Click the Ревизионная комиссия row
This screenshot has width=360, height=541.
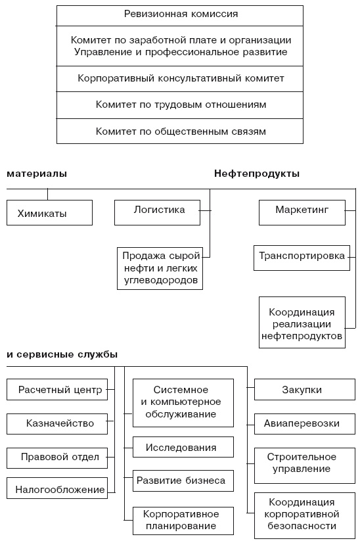pyautogui.click(x=180, y=14)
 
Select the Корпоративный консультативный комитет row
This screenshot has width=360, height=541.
pyautogui.click(x=180, y=78)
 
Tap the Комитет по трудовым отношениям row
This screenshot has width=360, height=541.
pyautogui.click(x=180, y=105)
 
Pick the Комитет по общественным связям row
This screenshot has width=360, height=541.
pyautogui.click(x=180, y=131)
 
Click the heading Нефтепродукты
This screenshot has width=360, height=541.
pyautogui.click(x=257, y=174)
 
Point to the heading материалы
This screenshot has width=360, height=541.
pyautogui.click(x=37, y=174)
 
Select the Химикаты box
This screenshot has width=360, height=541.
pyautogui.click(x=50, y=213)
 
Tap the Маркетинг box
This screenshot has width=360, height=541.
pyautogui.click(x=302, y=211)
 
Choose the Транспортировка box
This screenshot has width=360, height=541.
pyautogui.click(x=302, y=257)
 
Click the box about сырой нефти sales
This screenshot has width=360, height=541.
pyautogui.click(x=161, y=269)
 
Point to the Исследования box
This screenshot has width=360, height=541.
pyautogui.click(x=183, y=448)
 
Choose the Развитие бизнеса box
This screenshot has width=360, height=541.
pyautogui.click(x=183, y=481)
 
